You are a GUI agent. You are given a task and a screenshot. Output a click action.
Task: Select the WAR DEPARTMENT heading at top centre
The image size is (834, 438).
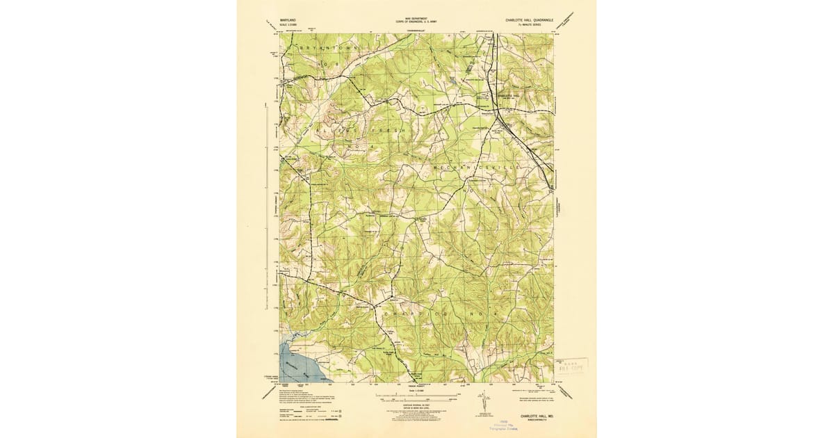[x=418, y=21]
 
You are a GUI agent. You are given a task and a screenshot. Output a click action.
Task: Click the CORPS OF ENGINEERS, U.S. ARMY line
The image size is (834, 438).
[x=418, y=25]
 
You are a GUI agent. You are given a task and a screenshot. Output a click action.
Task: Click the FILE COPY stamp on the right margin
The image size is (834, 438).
[x=571, y=364]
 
